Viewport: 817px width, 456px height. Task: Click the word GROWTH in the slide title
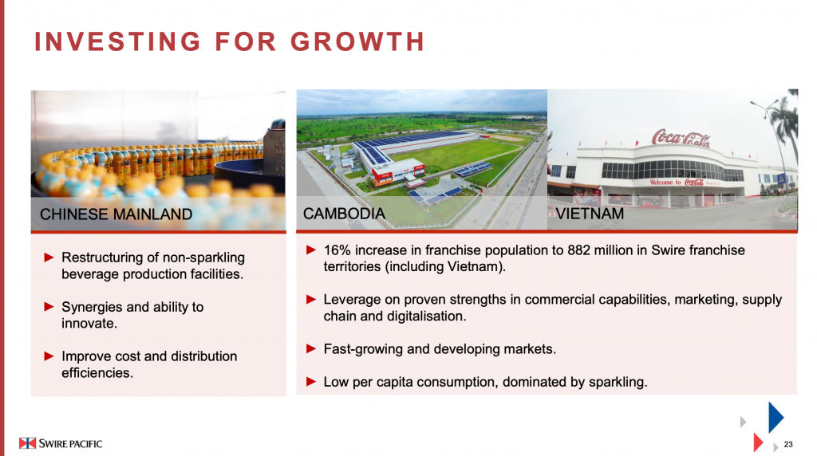[x=357, y=41]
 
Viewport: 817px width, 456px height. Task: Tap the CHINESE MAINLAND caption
[x=116, y=214]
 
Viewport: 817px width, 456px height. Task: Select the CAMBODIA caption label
[x=344, y=214]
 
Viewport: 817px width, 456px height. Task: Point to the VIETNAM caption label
[x=590, y=214]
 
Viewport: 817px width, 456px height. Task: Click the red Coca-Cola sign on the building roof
[x=681, y=138]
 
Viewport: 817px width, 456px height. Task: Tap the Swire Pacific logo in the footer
[x=61, y=443]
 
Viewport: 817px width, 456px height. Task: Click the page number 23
[x=788, y=444]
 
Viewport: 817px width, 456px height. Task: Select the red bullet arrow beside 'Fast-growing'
[x=311, y=348]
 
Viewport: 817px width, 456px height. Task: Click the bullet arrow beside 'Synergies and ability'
[x=49, y=307]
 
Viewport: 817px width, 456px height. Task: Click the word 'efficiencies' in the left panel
[x=96, y=373]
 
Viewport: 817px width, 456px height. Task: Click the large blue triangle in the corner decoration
[x=776, y=417]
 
